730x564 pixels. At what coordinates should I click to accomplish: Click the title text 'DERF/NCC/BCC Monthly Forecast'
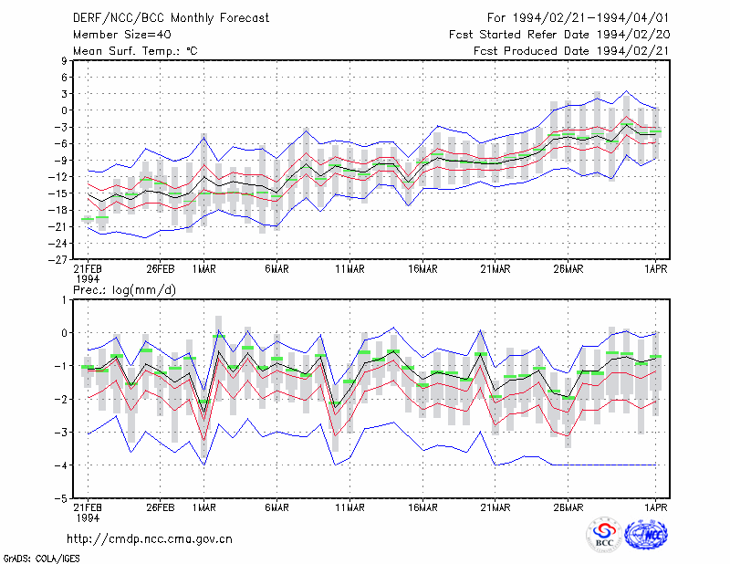pos(171,18)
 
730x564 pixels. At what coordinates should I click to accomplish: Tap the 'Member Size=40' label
pos(122,35)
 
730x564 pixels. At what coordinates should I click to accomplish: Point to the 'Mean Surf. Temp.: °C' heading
pos(135,51)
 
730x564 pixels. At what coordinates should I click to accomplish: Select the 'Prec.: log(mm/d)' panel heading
pos(124,290)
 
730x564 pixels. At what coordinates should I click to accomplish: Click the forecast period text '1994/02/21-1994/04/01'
pos(590,18)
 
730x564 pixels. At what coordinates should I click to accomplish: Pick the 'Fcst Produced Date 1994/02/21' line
pos(571,51)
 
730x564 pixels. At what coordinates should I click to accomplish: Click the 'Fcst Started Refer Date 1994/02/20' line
pos(559,35)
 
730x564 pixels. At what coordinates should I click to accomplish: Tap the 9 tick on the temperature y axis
pos(64,60)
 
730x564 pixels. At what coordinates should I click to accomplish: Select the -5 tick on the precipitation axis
pos(61,498)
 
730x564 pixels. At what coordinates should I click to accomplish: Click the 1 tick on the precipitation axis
pos(65,300)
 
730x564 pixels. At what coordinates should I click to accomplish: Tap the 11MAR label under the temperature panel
pos(350,269)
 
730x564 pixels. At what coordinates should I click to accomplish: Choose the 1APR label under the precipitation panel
pos(656,507)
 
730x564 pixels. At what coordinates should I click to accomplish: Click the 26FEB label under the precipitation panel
pos(161,507)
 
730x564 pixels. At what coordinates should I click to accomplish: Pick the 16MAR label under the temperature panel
pos(422,269)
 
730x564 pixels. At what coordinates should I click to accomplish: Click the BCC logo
pos(604,535)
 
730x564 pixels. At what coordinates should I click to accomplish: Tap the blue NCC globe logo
pos(646,535)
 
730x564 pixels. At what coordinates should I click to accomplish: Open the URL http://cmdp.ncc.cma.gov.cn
pos(150,539)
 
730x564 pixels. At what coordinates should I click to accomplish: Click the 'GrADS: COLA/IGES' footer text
pos(41,559)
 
